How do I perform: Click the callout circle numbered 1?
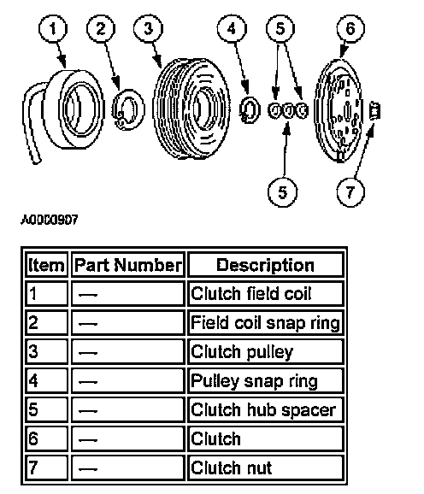53,29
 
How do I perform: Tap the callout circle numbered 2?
101,29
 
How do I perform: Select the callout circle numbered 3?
148,29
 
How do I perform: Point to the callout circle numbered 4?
232,29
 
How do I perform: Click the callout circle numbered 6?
350,29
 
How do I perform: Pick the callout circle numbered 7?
350,191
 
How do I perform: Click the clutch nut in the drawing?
374,111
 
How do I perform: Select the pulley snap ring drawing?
250,109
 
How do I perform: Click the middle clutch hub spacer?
287,110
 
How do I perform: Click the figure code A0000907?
49,220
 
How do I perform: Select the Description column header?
265,265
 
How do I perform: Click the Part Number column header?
128,265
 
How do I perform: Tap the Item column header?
46,265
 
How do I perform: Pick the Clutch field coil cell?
265,294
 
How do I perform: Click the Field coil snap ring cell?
265,322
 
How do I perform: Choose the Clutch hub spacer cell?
265,409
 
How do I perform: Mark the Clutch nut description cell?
265,468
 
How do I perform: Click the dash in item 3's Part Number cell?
88,353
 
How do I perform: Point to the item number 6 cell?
46,438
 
